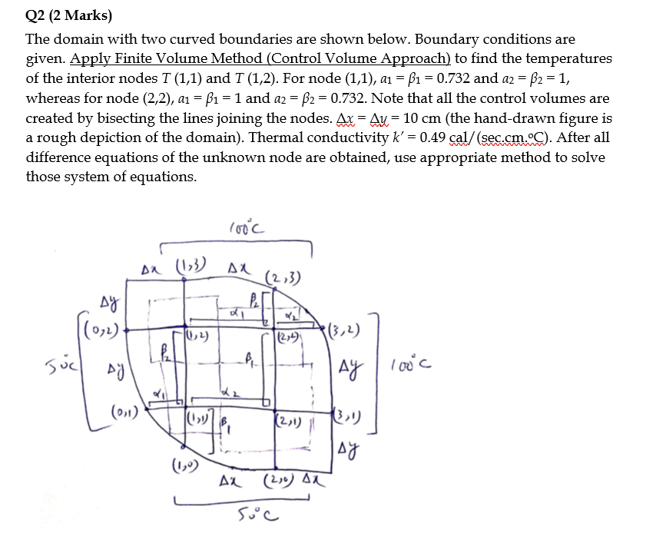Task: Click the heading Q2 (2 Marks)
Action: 68,15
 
